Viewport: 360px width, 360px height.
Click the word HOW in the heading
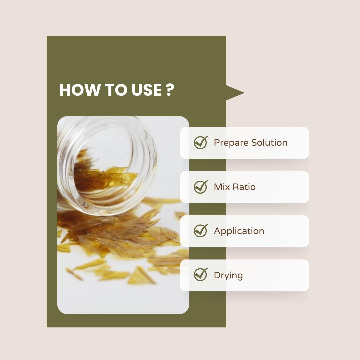(x=80, y=90)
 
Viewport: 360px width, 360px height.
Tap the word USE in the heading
(x=146, y=90)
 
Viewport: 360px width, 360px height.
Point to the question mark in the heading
(x=170, y=90)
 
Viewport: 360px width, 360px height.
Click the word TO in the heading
(x=116, y=90)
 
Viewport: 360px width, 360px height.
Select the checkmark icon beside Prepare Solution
(x=201, y=142)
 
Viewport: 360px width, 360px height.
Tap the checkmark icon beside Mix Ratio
(x=201, y=187)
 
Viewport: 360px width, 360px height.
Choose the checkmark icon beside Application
(x=201, y=231)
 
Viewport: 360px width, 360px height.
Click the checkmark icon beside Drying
(x=201, y=274)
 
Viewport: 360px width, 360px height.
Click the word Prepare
(x=231, y=143)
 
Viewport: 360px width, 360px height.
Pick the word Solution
(x=269, y=142)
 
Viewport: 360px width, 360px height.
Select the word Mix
(x=222, y=187)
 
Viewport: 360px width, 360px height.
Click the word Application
(x=239, y=231)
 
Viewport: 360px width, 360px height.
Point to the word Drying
(x=228, y=276)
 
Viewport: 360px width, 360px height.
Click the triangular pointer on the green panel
(x=235, y=93)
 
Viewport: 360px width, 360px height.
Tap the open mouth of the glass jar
(x=108, y=166)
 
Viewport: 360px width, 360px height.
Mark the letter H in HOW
(x=64, y=90)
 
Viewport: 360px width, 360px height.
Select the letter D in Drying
(x=217, y=275)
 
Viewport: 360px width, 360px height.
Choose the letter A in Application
(x=218, y=231)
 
